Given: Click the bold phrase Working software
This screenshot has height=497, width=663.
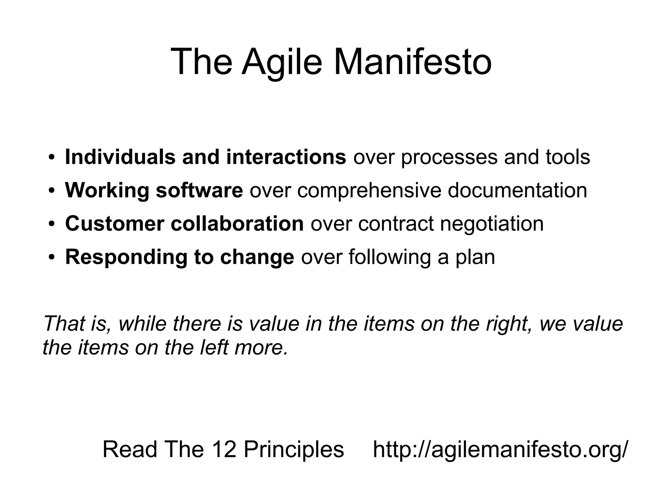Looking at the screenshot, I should coord(154,190).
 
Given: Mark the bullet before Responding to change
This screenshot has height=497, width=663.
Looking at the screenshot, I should coord(51,258).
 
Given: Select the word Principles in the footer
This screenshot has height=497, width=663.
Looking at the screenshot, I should coord(294,450).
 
